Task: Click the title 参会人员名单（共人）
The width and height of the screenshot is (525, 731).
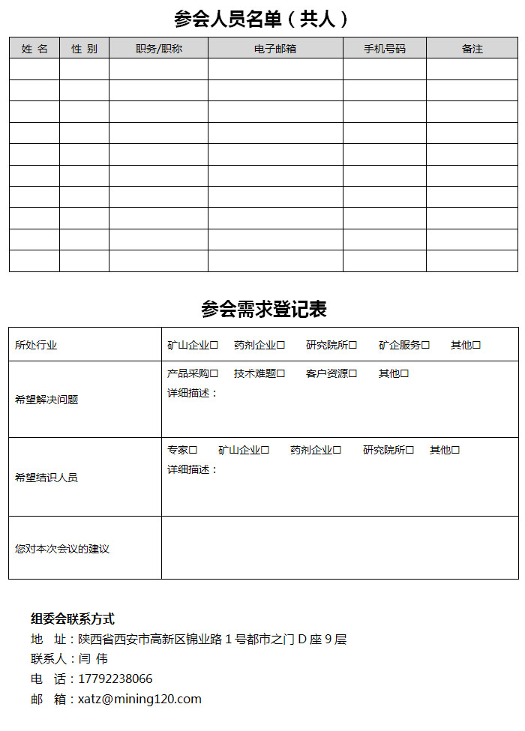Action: click(x=262, y=18)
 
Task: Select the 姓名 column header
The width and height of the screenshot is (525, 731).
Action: click(x=34, y=49)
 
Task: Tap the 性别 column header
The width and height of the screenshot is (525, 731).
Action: click(x=84, y=49)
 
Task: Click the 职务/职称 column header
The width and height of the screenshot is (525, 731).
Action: click(x=158, y=49)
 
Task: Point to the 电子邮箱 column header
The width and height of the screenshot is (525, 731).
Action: click(x=275, y=49)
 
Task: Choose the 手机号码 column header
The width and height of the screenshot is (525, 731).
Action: click(x=385, y=49)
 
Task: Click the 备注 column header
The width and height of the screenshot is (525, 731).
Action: click(x=472, y=49)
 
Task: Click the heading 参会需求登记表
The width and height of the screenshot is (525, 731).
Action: click(x=263, y=309)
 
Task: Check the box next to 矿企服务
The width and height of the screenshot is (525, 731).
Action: click(x=425, y=346)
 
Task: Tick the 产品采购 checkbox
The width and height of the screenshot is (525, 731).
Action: click(x=214, y=373)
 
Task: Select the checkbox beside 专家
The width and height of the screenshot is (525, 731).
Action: click(x=193, y=451)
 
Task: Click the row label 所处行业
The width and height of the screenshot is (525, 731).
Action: click(x=36, y=346)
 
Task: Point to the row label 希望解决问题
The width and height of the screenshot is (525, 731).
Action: click(x=46, y=400)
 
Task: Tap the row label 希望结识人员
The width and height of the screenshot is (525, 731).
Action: click(x=46, y=478)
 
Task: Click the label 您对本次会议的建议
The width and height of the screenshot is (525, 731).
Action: click(x=62, y=549)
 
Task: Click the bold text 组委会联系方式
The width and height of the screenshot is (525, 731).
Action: click(x=73, y=619)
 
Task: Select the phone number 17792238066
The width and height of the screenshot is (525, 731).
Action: click(x=115, y=679)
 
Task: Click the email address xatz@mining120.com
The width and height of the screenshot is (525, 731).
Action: click(x=139, y=700)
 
